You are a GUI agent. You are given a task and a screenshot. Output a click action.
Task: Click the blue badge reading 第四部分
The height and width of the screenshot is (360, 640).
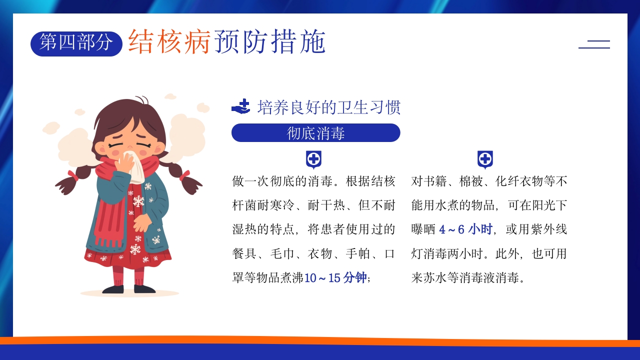[x=76, y=43]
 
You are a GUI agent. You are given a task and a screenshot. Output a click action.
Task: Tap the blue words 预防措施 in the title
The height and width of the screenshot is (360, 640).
[x=270, y=41]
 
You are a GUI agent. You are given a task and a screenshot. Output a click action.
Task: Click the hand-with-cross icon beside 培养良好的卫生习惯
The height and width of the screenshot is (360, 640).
[x=241, y=107]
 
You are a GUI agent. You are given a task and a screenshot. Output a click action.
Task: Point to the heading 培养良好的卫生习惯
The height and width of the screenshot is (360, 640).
[x=328, y=107]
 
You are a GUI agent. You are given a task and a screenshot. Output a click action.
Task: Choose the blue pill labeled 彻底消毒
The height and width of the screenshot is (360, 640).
[x=315, y=133]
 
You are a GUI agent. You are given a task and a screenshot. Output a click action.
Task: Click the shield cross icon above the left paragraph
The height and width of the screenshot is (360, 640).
[x=313, y=160]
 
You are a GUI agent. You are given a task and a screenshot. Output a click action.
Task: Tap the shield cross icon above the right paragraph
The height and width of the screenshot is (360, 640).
[x=485, y=160]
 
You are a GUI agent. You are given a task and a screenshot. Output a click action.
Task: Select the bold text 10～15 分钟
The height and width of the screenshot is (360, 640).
[x=335, y=278]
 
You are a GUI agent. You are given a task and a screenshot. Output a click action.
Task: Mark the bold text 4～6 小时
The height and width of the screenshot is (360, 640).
[x=466, y=229]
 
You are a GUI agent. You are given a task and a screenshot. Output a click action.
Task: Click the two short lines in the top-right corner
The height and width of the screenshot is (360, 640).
[x=594, y=44]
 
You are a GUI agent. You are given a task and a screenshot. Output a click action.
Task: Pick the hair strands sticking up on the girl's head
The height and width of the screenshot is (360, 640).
[x=142, y=100]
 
